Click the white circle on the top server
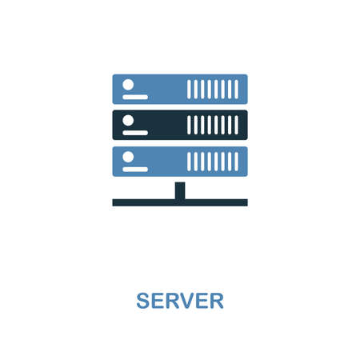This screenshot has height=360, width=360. point(128,85)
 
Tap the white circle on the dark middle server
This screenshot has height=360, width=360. point(128,121)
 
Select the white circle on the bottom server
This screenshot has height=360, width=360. point(128,157)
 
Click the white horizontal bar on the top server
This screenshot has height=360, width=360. point(135,97)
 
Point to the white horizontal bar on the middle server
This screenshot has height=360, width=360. point(135,133)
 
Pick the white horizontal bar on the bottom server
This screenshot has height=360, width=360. point(135,170)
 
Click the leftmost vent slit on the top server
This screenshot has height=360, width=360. point(189,90)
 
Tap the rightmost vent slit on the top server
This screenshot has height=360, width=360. point(237,90)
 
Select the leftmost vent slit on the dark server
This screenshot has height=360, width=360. point(189,125)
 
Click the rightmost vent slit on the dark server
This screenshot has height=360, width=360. point(237,125)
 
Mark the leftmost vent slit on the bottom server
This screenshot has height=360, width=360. point(189,162)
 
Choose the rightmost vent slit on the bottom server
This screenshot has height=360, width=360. point(237,162)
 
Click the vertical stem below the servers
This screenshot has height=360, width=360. point(180,190)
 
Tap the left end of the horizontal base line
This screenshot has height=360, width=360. point(113,202)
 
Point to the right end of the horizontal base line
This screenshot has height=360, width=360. point(247,202)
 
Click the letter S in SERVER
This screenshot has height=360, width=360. point(143,301)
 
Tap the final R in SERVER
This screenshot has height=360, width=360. point(217,301)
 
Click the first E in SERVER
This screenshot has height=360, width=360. point(158,301)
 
